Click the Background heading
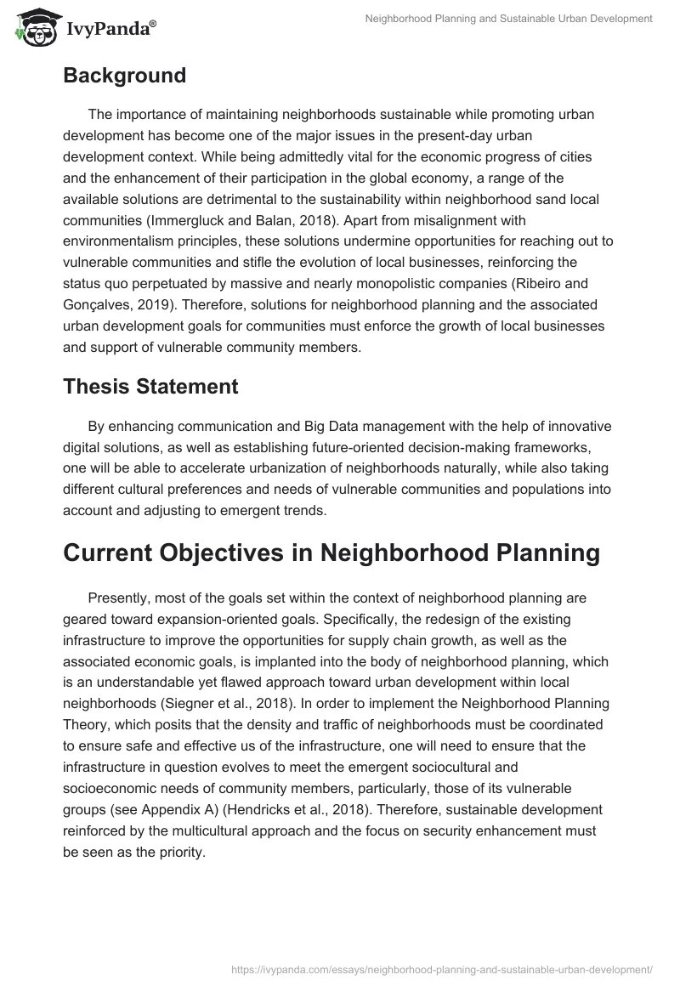[x=124, y=76]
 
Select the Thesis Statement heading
[x=150, y=387]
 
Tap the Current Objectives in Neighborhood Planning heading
[x=331, y=553]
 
